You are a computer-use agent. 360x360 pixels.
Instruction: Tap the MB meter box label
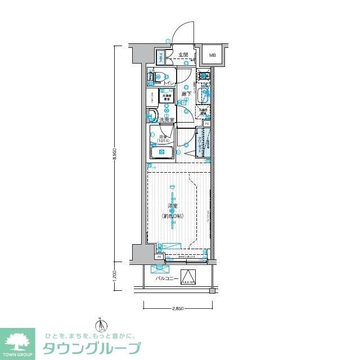tap(212, 55)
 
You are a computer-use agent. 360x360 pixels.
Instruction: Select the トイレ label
tap(168, 83)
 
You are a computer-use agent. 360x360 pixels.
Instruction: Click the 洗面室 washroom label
tap(167, 119)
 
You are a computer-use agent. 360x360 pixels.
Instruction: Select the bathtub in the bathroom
tap(162, 152)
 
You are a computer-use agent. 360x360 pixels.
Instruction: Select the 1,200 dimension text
tap(115, 277)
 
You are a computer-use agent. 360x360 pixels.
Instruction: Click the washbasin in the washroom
tap(152, 117)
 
